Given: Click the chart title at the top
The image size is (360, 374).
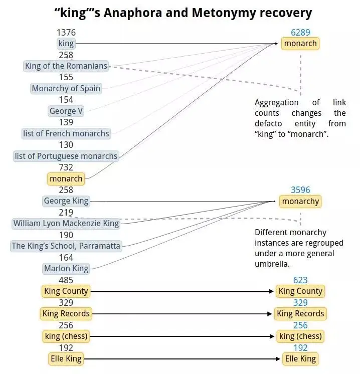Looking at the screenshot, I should (183, 13).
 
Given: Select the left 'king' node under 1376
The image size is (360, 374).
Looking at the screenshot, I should (66, 44).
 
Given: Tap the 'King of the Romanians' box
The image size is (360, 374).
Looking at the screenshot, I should (66, 66).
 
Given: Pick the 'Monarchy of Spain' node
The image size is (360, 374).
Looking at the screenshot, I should (66, 89).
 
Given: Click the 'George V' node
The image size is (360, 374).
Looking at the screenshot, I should (66, 111).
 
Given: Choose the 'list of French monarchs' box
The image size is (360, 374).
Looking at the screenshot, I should (66, 133).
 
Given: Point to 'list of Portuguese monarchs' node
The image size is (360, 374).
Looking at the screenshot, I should (66, 156).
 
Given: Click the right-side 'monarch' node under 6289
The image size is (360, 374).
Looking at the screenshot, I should (300, 44).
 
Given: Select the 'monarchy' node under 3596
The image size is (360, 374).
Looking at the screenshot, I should (300, 201).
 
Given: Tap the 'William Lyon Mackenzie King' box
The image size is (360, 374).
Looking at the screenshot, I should (66, 224).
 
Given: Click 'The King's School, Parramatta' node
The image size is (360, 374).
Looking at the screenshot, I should (66, 246).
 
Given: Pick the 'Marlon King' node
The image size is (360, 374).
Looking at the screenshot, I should (66, 268).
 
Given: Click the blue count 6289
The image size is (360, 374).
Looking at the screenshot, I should (300, 33).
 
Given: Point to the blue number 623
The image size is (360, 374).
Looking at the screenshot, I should (300, 280).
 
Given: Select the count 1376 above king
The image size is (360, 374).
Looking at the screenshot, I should (66, 33).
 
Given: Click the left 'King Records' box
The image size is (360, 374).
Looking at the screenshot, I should (66, 313).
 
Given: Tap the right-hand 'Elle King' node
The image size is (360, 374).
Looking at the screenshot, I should (300, 358).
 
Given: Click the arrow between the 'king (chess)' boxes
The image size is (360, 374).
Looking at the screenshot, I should (184, 336).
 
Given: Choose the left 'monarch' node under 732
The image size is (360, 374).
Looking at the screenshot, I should (66, 178).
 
